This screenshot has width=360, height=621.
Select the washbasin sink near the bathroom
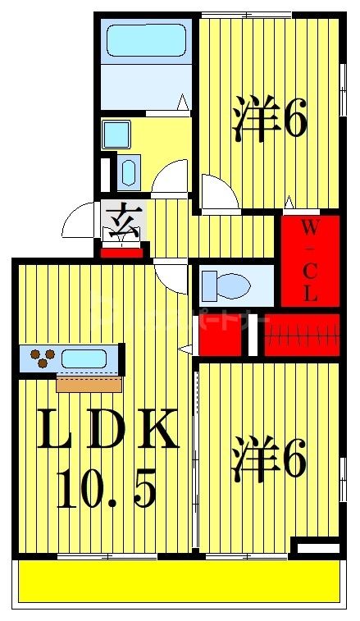tap(129, 173)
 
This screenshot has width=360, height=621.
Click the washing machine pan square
tap(117, 132)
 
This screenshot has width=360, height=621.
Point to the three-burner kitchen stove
tap(43, 358)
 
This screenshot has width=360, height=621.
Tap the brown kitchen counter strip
tap(89, 383)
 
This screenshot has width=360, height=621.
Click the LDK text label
tap(107, 432)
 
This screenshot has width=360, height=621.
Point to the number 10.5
tap(106, 490)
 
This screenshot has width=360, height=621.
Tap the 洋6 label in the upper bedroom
tap(270, 118)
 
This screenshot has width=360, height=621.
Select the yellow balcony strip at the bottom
tap(179, 582)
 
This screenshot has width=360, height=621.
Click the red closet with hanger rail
tap(300, 335)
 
